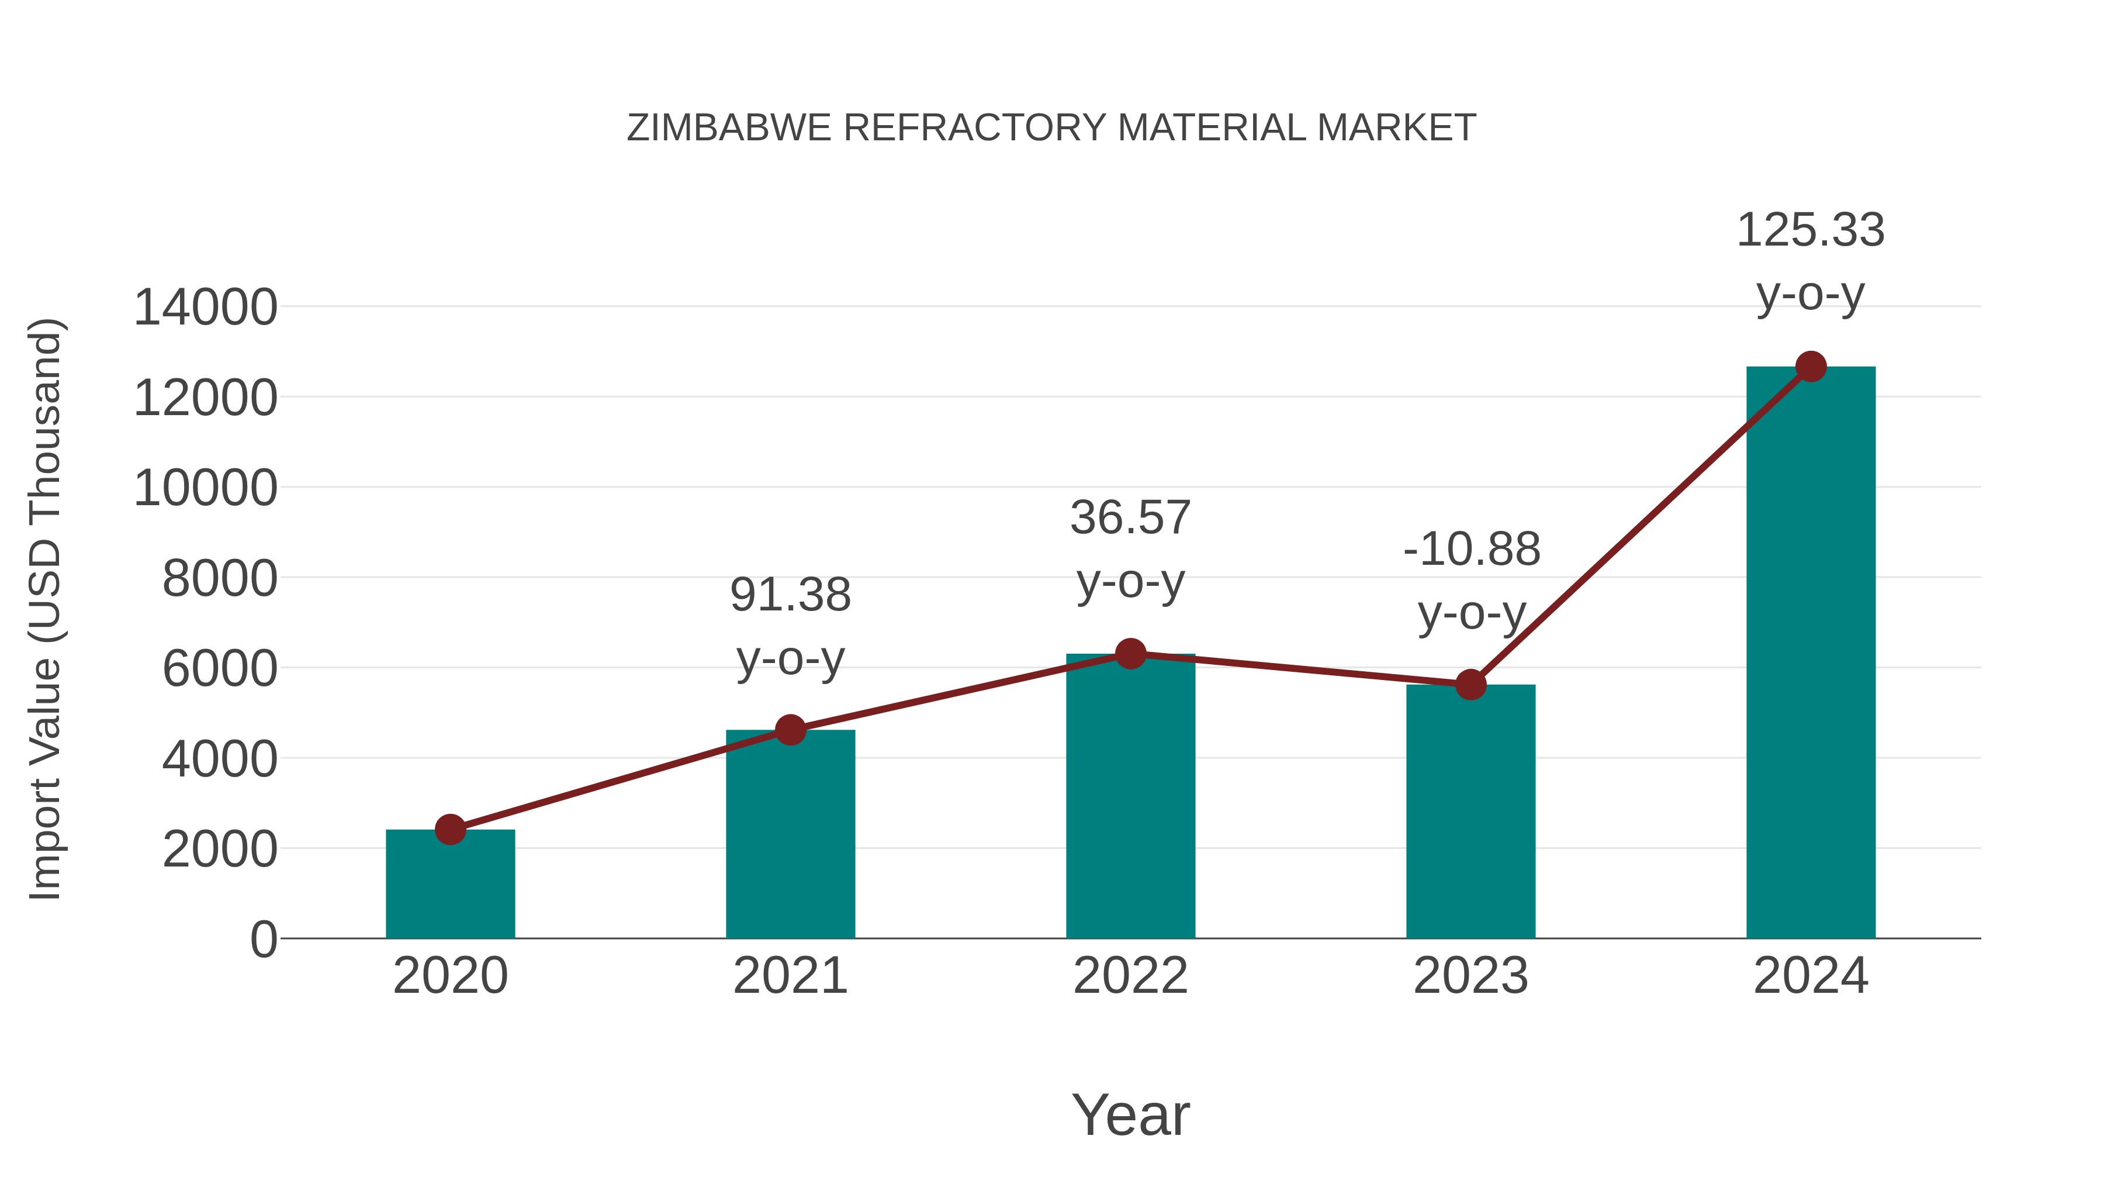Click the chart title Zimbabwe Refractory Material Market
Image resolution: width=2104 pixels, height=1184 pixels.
(x=1051, y=128)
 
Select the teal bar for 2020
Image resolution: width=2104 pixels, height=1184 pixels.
(x=450, y=886)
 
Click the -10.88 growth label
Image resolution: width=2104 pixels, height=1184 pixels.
(x=1472, y=581)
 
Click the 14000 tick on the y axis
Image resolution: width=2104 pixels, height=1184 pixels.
(x=206, y=308)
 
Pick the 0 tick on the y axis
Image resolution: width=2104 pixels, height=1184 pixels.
(x=263, y=940)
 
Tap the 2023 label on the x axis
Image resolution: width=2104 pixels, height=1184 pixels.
(x=1470, y=976)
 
